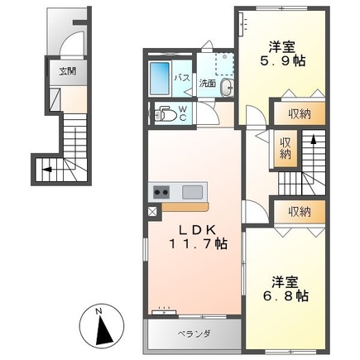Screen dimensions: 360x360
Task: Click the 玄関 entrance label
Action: tap(68, 72)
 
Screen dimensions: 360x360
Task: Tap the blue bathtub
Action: tap(160, 78)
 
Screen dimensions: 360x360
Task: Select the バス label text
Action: tap(182, 78)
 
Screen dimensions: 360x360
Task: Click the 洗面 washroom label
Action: tap(208, 84)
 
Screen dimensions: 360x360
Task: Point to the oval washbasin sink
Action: tap(228, 88)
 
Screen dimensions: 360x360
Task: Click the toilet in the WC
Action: tap(165, 114)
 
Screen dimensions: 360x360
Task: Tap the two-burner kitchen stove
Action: tap(161, 192)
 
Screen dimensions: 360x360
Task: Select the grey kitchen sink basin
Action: tap(192, 192)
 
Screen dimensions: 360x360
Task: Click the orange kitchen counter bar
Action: tap(185, 207)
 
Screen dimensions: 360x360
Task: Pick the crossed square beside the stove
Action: tap(152, 212)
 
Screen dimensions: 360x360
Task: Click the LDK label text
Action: tap(197, 229)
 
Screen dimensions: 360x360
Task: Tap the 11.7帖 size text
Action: tap(198, 244)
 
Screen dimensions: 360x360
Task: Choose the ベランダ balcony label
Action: tap(194, 334)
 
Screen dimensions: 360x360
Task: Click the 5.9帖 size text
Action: tap(283, 60)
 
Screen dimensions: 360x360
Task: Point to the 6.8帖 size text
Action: tap(286, 296)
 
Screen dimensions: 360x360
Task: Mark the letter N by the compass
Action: tap(98, 311)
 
